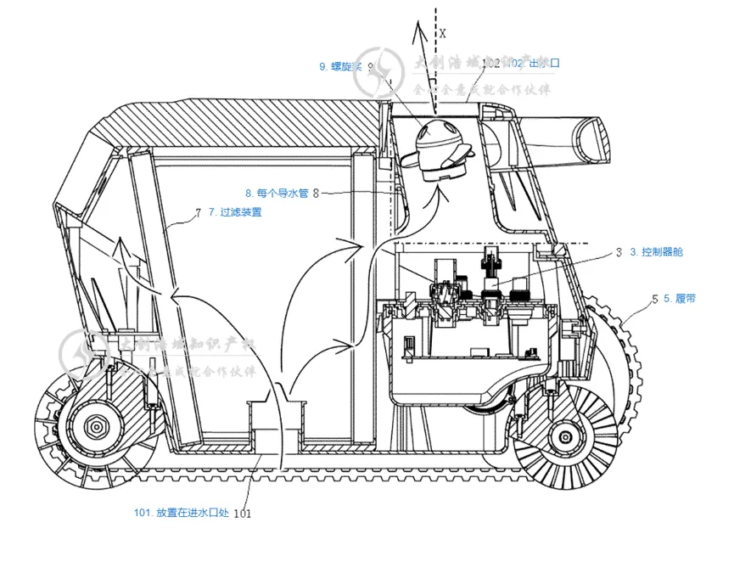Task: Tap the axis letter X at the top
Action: tap(443, 33)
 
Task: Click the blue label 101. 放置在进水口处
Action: tap(182, 512)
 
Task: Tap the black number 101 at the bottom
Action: tap(242, 513)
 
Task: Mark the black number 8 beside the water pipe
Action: tap(316, 194)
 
